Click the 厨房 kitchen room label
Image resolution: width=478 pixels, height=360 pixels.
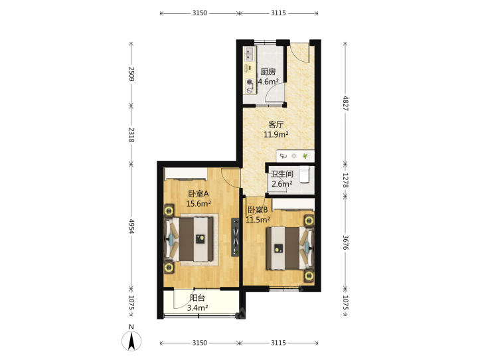point(268,72)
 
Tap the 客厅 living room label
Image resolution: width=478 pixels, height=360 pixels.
point(276,124)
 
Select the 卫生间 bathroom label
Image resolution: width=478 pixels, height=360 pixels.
point(282,174)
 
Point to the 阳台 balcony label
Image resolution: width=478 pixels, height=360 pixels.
point(198,298)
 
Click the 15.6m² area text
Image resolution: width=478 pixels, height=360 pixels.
point(199,203)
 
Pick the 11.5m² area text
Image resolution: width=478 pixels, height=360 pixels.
point(258,220)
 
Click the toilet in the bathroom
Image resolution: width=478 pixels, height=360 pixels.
point(304,174)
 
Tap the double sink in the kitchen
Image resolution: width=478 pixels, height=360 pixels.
point(250,54)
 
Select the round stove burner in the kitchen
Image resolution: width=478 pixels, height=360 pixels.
point(250,82)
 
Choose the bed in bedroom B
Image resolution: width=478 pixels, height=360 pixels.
point(289,248)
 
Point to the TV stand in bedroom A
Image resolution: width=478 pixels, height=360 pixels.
point(235,237)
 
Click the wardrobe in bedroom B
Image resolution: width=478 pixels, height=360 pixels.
point(293,204)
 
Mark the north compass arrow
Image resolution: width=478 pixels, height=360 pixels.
point(131,341)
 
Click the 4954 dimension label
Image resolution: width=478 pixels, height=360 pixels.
point(131,226)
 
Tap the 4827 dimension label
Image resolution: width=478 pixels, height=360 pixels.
point(345,103)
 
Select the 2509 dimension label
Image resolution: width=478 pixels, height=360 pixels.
point(131,74)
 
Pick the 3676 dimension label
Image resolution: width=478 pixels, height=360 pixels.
point(345,242)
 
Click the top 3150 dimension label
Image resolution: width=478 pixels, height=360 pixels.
point(200,13)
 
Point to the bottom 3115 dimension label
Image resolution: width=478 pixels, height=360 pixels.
point(279,343)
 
